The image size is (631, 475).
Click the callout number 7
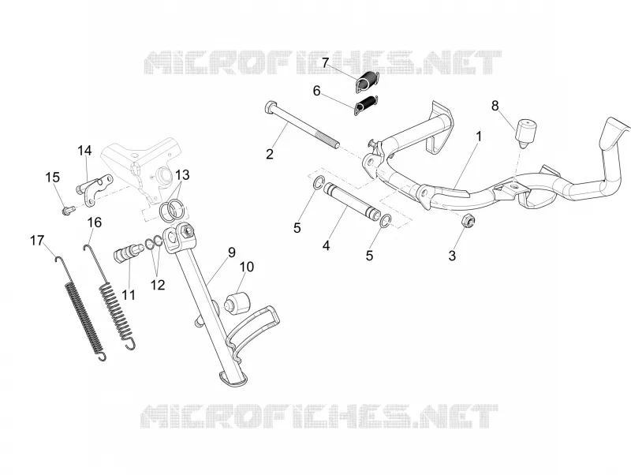click(x=325, y=63)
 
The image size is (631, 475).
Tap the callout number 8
click(x=495, y=106)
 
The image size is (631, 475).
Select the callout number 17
click(x=37, y=241)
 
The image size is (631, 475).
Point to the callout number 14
click(x=84, y=151)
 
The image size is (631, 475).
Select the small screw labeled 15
click(x=68, y=210)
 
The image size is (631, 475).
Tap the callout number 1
click(x=479, y=137)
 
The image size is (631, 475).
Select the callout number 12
click(x=158, y=285)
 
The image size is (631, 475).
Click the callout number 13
click(x=182, y=175)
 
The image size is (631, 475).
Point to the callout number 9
click(x=231, y=252)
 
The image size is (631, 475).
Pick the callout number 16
click(x=95, y=223)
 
